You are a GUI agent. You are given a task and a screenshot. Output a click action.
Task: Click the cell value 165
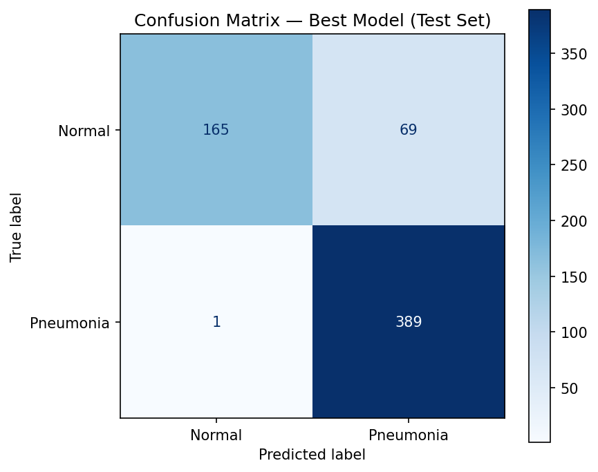pos(216,130)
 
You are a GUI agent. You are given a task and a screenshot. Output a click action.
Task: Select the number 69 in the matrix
pos(408,130)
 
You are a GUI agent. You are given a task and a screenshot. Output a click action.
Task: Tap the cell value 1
pos(216,322)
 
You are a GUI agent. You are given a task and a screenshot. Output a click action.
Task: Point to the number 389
pos(408,322)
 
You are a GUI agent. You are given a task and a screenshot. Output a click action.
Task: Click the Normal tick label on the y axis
pos(84,131)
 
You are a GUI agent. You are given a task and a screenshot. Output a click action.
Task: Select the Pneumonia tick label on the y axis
pos(70,323)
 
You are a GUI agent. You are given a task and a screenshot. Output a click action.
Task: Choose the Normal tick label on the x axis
pos(216,435)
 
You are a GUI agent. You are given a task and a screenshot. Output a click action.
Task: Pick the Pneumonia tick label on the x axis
pos(408,435)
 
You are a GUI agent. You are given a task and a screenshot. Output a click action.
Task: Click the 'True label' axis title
pos(17,227)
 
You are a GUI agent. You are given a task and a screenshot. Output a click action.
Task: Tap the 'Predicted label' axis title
pos(312,455)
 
